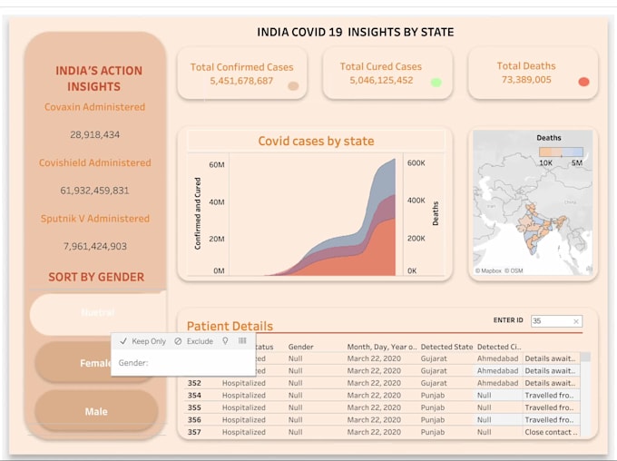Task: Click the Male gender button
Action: click(x=96, y=411)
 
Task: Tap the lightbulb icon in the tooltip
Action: click(x=226, y=341)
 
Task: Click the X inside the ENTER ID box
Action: click(x=575, y=321)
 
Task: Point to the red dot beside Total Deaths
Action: click(x=583, y=82)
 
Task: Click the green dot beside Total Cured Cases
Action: click(x=436, y=82)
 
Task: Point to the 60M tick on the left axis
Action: click(x=217, y=164)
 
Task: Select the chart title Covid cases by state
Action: click(x=316, y=141)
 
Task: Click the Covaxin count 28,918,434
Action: click(x=94, y=134)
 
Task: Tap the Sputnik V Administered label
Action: click(x=94, y=219)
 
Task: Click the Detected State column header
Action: click(x=446, y=347)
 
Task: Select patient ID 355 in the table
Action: click(x=194, y=407)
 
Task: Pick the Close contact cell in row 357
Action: click(x=550, y=432)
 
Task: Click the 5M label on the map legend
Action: click(x=577, y=162)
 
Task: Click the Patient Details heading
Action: click(x=230, y=326)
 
